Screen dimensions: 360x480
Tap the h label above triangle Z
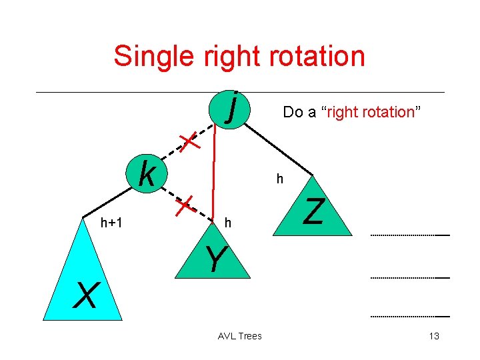[280, 179]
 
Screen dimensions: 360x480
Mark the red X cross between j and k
[190, 141]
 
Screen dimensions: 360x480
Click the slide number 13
[434, 336]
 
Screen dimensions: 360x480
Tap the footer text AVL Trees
[240, 336]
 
